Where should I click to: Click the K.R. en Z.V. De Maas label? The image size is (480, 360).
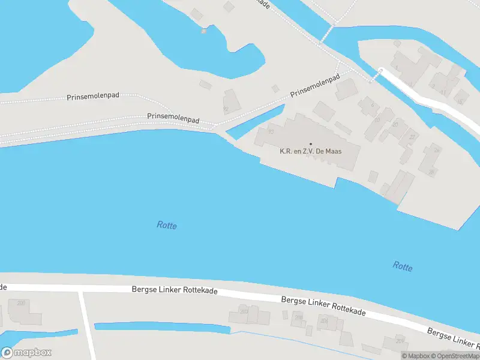[311, 151]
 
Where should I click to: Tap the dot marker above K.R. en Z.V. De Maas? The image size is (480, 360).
[311, 143]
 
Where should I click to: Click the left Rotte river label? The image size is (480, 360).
[167, 225]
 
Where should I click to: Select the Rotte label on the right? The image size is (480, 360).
[403, 266]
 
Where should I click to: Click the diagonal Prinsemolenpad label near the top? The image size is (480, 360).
[315, 86]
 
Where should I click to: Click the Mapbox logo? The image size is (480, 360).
[26, 353]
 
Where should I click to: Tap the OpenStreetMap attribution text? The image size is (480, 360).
[458, 356]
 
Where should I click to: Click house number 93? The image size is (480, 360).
[271, 131]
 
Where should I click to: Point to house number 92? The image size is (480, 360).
[226, 109]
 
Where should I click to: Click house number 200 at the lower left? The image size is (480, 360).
[22, 303]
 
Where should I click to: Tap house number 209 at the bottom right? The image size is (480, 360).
[400, 341]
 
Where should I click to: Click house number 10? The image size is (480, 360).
[377, 120]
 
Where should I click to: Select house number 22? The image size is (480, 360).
[412, 137]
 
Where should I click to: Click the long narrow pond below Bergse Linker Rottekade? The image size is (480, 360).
[162, 328]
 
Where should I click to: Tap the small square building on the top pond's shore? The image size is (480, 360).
[204, 31]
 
